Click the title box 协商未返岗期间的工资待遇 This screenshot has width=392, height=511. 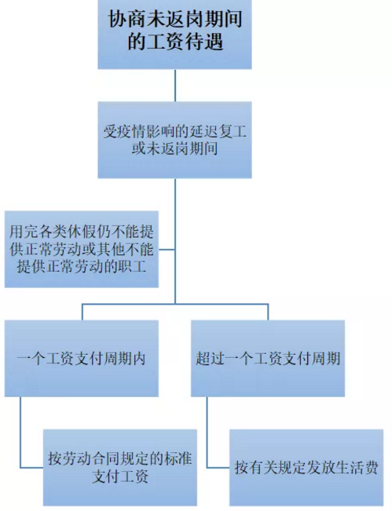[x=175, y=35]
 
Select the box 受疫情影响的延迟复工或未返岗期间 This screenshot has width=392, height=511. [x=175, y=140]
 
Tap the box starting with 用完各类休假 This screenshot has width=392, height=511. [x=82, y=250]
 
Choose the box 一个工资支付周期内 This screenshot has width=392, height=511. [x=82, y=358]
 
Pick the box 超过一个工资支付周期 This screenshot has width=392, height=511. [x=268, y=358]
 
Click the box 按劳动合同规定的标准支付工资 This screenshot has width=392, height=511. [x=120, y=467]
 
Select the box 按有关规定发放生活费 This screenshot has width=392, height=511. [x=306, y=467]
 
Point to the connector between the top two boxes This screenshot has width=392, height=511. [x=175, y=86]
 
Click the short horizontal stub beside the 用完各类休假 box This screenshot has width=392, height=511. [x=167, y=250]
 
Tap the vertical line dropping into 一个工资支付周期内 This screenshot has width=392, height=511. [x=82, y=312]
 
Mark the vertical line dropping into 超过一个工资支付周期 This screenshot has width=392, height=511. [x=268, y=312]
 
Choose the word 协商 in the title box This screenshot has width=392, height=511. [x=126, y=19]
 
